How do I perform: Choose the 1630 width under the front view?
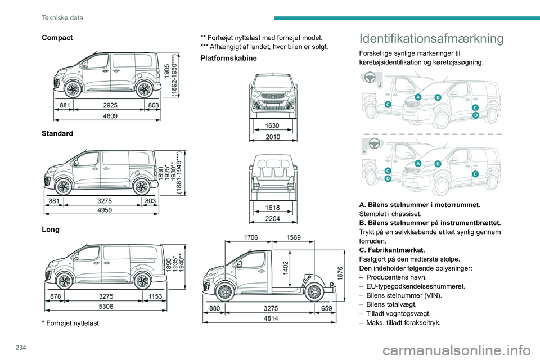pos(272,126)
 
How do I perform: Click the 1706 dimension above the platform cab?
pos(251,238)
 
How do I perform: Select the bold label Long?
pos(49,230)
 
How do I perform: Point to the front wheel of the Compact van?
pos(73,89)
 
